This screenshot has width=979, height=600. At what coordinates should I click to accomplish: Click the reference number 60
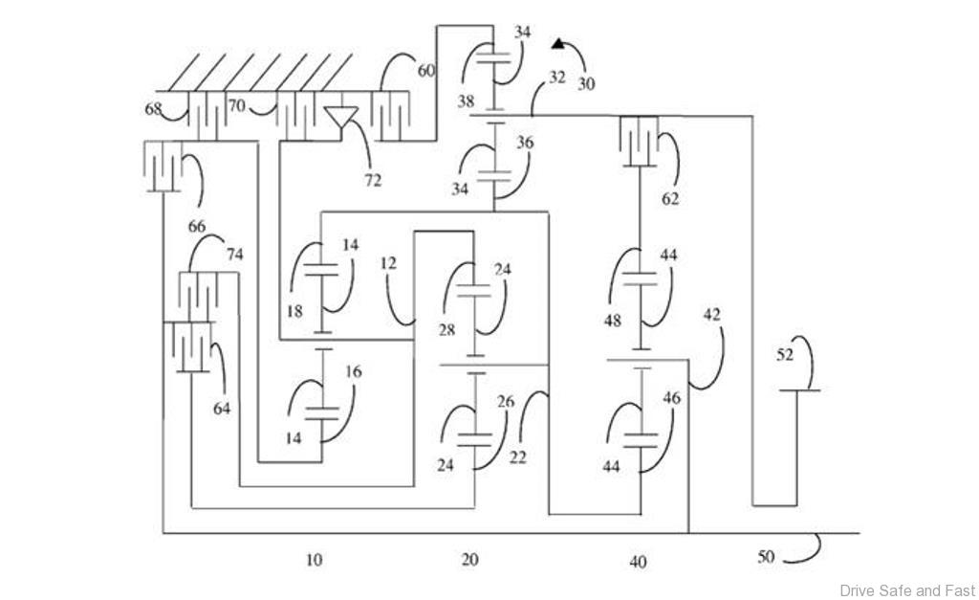pos(425,70)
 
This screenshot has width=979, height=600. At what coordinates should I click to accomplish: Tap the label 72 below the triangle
pos(372,180)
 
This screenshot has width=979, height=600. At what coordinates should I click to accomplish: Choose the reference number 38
pos(466,100)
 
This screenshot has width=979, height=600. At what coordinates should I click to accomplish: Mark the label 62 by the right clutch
pos(670,200)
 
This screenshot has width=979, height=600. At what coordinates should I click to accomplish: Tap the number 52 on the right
pos(785,355)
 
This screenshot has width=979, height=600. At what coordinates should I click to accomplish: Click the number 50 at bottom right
pos(766,556)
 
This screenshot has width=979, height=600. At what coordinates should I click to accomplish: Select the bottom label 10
pos(314,560)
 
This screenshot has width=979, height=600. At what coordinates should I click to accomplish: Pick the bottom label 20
pos(469,560)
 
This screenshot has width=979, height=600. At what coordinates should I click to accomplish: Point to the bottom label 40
pos(638,562)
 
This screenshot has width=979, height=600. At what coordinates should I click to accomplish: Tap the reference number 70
pos(236,106)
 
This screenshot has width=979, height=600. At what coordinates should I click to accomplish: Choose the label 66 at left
pos(197,227)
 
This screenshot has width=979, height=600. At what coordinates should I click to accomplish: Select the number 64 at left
pos(222,409)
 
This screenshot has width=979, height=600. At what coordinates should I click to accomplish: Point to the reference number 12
pos(388,260)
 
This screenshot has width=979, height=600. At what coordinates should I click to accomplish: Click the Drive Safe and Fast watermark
pos(907,590)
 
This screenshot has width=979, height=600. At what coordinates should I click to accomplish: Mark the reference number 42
pos(711,314)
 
